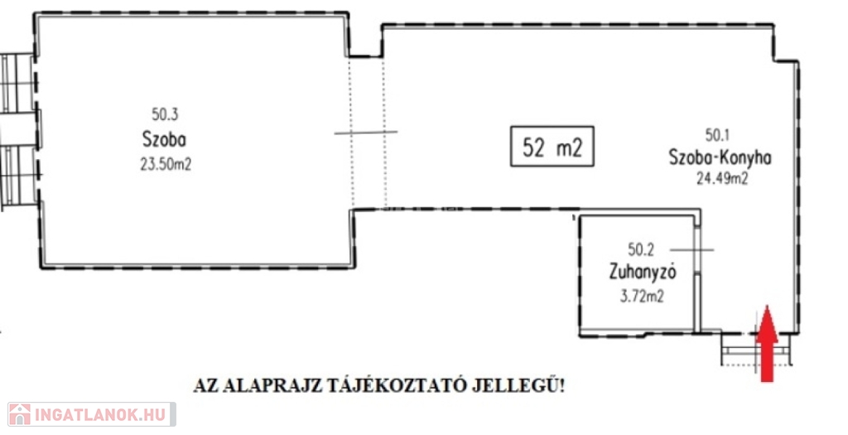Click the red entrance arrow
(x=767, y=344)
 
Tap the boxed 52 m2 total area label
(x=552, y=146)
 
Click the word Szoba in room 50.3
(x=165, y=139)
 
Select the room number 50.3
(x=165, y=114)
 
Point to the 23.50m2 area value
(x=166, y=165)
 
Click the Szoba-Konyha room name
(x=720, y=158)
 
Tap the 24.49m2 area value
(x=722, y=178)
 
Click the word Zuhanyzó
(x=643, y=272)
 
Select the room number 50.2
(x=641, y=249)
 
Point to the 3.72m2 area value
(x=642, y=297)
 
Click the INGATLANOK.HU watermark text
(x=102, y=415)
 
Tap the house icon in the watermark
(x=20, y=414)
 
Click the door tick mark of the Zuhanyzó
(x=691, y=250)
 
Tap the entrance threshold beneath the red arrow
(x=757, y=350)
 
